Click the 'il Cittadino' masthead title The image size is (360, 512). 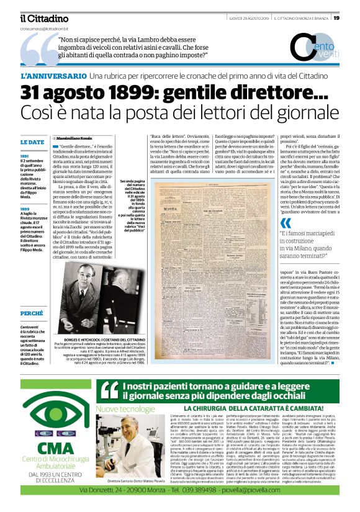[x=43, y=19]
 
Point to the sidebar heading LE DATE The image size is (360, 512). [x=32, y=142]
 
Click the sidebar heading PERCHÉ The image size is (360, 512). [x=31, y=314]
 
